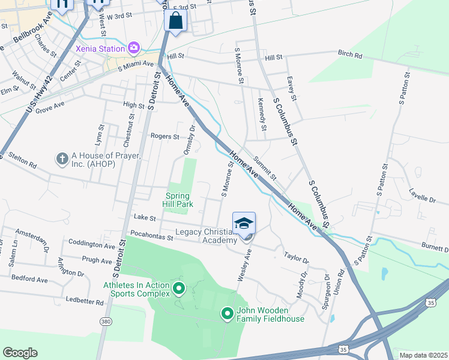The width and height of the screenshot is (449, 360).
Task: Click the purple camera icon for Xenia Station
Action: tap(133, 47)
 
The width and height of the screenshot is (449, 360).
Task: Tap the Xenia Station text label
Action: tap(100, 47)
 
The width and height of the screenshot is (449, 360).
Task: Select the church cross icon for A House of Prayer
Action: tap(61, 159)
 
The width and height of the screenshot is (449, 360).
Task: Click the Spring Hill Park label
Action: tap(179, 200)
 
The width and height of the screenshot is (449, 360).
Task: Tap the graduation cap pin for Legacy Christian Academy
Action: tap(244, 224)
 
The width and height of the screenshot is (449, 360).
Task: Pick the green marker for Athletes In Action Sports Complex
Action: tap(178, 289)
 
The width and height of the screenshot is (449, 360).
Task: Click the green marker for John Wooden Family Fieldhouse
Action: tap(227, 313)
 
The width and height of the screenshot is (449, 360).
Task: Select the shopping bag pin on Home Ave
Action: tap(175, 21)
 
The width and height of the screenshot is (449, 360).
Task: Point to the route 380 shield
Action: tap(106, 322)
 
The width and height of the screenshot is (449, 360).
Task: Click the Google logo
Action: tap(20, 352)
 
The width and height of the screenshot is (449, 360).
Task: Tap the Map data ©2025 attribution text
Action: tap(423, 355)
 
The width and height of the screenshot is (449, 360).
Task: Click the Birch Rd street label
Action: tap(350, 55)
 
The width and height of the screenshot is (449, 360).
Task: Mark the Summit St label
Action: tap(264, 168)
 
